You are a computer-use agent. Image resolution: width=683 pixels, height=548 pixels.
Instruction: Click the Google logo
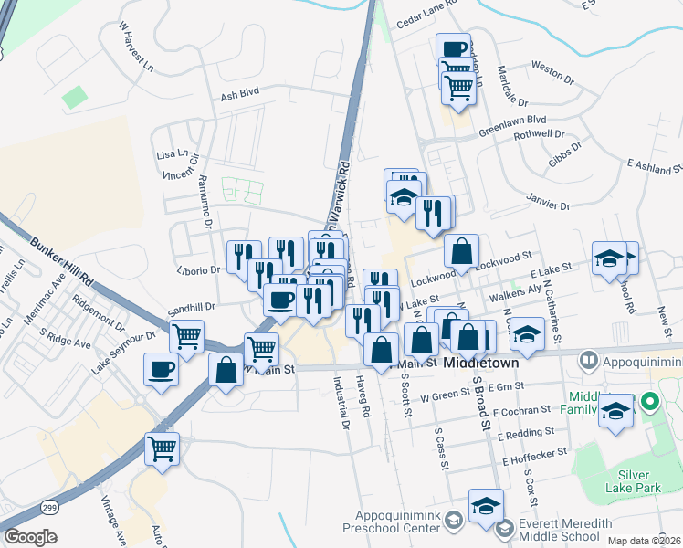tap(29, 537)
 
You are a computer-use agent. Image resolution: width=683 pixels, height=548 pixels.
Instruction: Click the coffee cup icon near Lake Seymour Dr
tap(162, 370)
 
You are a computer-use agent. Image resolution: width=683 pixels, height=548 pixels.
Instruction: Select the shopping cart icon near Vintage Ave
tap(162, 448)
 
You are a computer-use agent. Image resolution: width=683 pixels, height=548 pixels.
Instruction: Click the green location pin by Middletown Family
tap(649, 401)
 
